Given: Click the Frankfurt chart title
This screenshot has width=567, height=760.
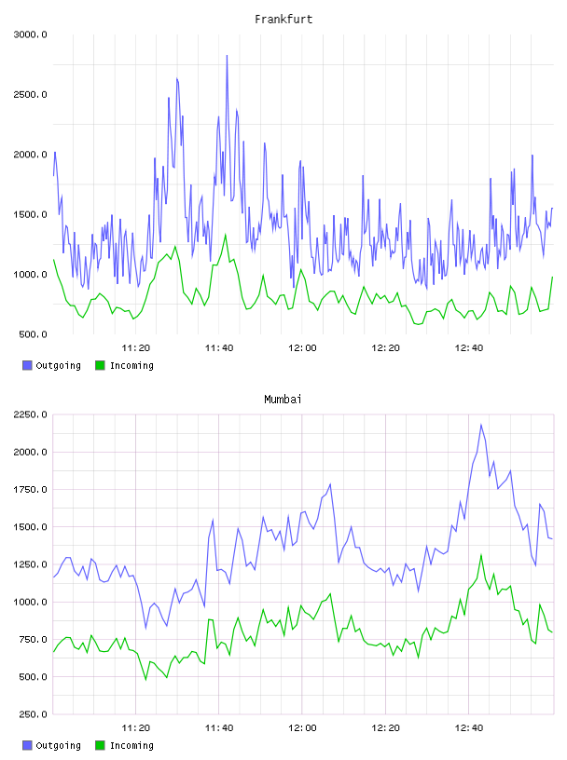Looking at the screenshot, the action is tap(283, 20).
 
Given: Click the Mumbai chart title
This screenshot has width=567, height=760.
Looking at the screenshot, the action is tap(283, 400).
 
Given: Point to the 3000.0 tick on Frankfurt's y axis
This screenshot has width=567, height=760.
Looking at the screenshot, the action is tap(30, 34).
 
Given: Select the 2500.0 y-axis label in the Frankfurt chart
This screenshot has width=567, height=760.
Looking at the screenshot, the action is tap(30, 94).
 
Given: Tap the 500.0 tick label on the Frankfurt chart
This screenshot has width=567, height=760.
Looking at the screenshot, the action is tap(33, 334).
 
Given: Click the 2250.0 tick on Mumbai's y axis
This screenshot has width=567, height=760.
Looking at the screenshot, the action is tap(30, 414).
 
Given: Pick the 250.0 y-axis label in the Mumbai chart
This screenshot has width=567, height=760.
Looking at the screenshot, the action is tap(33, 714).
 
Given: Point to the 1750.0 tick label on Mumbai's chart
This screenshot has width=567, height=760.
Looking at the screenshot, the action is tap(30, 490).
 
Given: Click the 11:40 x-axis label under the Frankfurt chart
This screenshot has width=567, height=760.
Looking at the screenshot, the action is tap(219, 347).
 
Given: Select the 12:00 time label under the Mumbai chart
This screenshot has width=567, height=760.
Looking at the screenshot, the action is tap(302, 727).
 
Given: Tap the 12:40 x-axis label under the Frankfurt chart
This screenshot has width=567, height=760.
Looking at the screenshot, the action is tap(469, 347).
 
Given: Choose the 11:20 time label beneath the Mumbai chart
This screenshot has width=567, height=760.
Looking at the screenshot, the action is tap(135, 727).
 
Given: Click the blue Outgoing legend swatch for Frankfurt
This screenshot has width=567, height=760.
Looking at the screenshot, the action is tap(27, 365).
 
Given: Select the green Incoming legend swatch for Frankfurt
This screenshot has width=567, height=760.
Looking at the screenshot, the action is tap(100, 365).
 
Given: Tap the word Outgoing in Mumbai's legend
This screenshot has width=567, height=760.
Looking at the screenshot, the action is tap(58, 745).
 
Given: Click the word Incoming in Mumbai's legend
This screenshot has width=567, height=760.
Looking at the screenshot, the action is tap(131, 745).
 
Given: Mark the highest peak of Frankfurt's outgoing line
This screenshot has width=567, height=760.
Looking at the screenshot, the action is tap(227, 56).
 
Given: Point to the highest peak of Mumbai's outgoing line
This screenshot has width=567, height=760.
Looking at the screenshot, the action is tap(481, 425).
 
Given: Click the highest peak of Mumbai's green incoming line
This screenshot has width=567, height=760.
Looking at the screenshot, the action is tap(481, 555).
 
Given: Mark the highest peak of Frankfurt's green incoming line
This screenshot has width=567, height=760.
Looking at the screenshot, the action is tap(226, 235).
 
